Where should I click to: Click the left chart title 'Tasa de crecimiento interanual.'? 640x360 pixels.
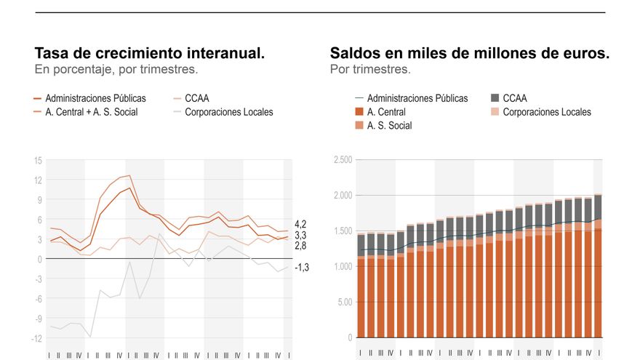(x=149, y=53)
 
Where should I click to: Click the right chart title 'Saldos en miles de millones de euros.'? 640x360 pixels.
(x=469, y=53)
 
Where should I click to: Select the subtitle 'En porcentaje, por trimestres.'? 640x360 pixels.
(x=116, y=70)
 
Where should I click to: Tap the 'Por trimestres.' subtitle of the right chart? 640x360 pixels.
(x=370, y=70)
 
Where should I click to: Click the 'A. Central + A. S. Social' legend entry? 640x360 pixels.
(x=91, y=112)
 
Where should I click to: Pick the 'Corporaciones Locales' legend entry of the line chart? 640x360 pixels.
(x=228, y=112)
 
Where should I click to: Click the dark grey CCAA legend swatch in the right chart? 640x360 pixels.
(x=495, y=98)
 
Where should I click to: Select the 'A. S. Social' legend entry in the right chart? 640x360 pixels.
(x=389, y=126)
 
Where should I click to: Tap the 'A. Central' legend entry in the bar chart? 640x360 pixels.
(x=386, y=112)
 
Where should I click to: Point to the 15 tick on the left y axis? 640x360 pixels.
(x=37, y=161)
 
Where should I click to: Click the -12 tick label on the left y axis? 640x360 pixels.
(x=36, y=338)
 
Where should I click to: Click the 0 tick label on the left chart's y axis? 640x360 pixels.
(x=39, y=259)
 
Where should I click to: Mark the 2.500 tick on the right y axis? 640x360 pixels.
(x=342, y=160)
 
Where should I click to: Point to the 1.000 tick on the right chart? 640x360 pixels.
(x=342, y=267)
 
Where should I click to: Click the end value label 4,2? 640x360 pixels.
(x=300, y=224)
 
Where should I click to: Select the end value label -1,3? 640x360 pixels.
(x=302, y=268)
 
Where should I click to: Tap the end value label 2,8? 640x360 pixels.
(x=300, y=247)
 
